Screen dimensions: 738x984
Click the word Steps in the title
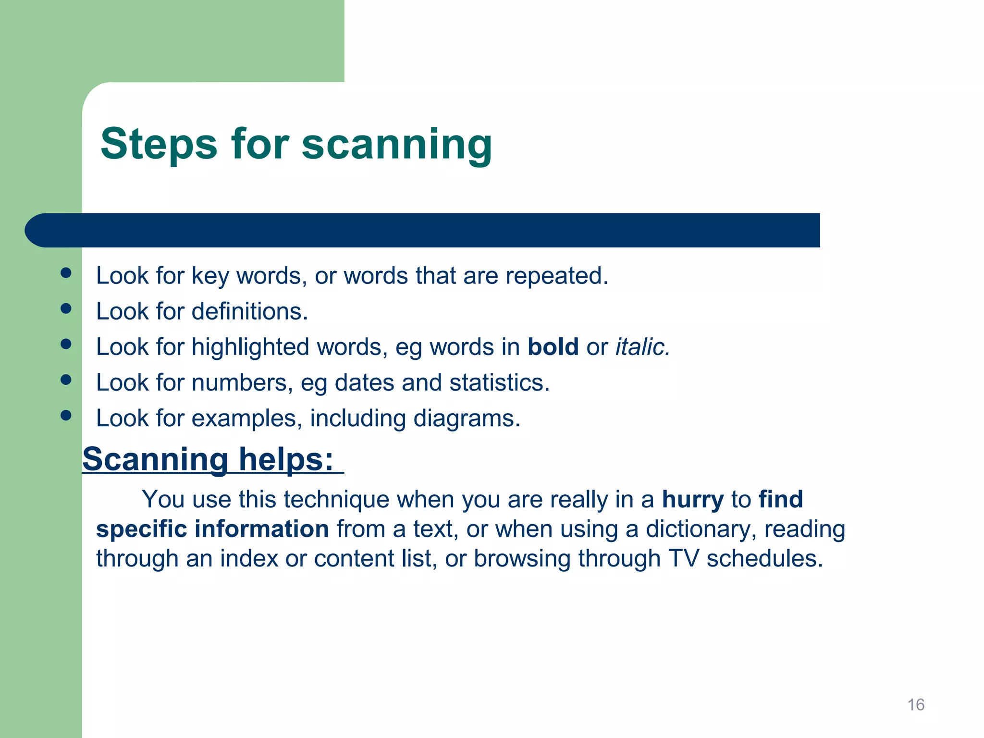[x=159, y=144]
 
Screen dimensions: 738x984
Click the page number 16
[x=915, y=704]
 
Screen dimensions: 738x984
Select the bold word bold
[x=553, y=347]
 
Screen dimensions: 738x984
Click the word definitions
[x=249, y=311]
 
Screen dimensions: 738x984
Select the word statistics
[x=499, y=383]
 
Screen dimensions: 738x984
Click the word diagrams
[x=467, y=418]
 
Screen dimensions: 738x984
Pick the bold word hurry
[x=692, y=500]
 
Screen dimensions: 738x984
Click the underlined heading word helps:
[x=286, y=459]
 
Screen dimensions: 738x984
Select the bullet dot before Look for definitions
[x=66, y=308]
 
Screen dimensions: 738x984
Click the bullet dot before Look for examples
[x=66, y=415]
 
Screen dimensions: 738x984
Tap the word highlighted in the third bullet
[x=250, y=347]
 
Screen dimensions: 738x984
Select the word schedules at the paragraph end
[x=764, y=559]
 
